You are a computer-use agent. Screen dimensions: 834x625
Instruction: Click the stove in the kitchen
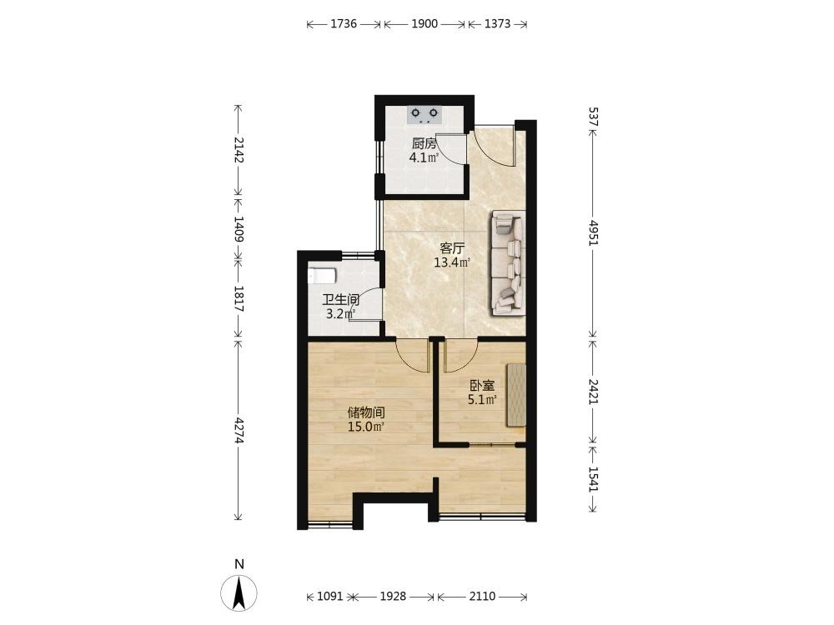pyautogui.click(x=425, y=115)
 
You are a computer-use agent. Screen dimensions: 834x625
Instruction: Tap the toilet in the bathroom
pyautogui.click(x=322, y=277)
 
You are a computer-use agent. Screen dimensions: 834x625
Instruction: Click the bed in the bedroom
pyautogui.click(x=516, y=394)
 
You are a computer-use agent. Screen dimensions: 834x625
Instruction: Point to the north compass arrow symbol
pyautogui.click(x=239, y=592)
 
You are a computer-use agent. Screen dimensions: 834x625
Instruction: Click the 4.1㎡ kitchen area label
pyautogui.click(x=424, y=157)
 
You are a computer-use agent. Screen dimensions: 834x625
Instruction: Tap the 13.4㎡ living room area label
pyautogui.click(x=452, y=262)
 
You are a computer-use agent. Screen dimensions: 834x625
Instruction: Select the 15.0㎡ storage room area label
pyautogui.click(x=366, y=427)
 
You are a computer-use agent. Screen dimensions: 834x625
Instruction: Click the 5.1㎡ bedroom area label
pyautogui.click(x=482, y=400)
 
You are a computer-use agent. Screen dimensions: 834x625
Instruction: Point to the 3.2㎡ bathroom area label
pyautogui.click(x=340, y=314)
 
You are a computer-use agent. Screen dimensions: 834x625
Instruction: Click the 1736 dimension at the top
pyautogui.click(x=344, y=24)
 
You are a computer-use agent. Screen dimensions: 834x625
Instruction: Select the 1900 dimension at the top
pyautogui.click(x=425, y=24)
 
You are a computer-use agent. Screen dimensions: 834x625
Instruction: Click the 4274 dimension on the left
pyautogui.click(x=239, y=430)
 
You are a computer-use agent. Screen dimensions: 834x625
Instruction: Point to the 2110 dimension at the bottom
pyautogui.click(x=482, y=597)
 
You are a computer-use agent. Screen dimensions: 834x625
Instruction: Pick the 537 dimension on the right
pyautogui.click(x=594, y=117)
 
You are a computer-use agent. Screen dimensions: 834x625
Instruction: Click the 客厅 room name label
pyautogui.click(x=453, y=248)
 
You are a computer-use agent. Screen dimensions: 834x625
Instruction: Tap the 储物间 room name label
pyautogui.click(x=366, y=413)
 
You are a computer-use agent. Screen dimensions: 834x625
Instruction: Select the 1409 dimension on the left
pyautogui.click(x=239, y=230)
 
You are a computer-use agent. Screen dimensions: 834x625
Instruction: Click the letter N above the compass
pyautogui.click(x=239, y=564)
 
